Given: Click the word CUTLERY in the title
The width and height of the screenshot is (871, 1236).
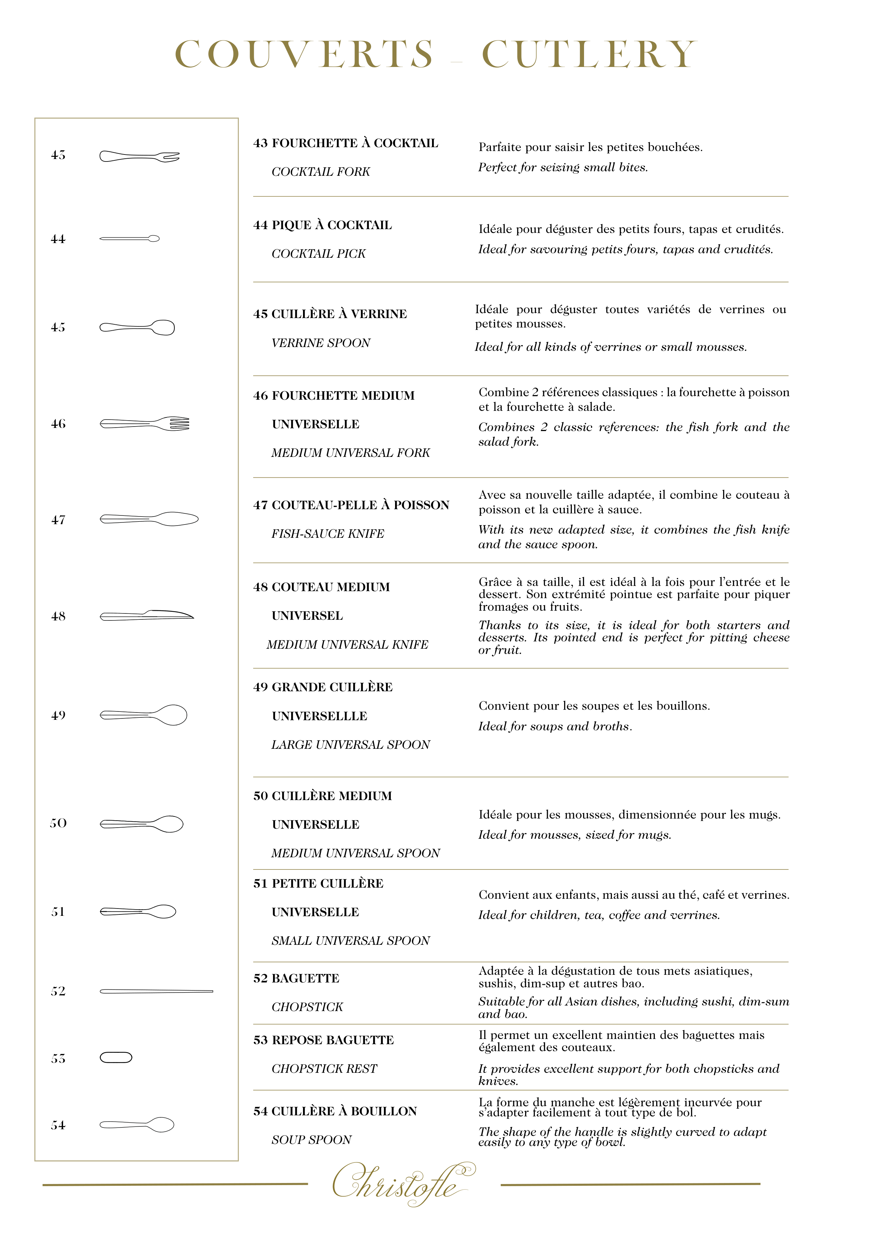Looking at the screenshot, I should (589, 54).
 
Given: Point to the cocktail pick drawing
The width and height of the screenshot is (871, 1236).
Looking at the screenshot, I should (130, 239).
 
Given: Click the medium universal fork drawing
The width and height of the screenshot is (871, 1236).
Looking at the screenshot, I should (144, 424).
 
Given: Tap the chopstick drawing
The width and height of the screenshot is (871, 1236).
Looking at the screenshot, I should (156, 991).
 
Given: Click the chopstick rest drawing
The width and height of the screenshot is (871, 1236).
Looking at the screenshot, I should (116, 1057).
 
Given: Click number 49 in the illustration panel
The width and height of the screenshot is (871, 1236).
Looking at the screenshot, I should (58, 715).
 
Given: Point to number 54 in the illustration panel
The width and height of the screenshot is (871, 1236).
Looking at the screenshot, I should (58, 1125).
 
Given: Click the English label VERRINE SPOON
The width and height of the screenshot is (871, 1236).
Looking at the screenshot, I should (321, 343).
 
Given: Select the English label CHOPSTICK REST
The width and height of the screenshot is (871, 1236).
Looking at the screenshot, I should (324, 1069).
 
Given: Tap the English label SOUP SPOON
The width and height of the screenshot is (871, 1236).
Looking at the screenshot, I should (311, 1140).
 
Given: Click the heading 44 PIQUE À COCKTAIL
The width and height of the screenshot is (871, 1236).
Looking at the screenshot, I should (323, 225).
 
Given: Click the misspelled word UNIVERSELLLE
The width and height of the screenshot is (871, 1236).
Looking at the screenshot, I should (319, 716).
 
